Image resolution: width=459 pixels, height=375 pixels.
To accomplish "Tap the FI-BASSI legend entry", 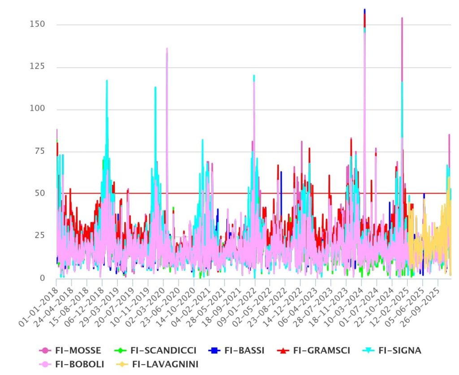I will (x=242, y=350).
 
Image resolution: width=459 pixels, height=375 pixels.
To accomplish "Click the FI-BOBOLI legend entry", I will (x=74, y=364).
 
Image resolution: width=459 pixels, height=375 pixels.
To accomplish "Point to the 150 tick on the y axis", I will (x=38, y=24).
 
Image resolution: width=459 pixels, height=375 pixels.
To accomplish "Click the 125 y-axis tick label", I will (x=38, y=67).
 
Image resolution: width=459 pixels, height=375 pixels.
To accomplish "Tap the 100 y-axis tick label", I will (x=38, y=109).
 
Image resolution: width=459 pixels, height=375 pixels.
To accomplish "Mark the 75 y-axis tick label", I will (x=40, y=151).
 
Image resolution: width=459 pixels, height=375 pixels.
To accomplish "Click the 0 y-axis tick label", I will (x=43, y=278).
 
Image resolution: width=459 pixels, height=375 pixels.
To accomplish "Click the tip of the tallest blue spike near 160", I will (x=364, y=9).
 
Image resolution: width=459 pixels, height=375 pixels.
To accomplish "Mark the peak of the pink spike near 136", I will (x=167, y=48).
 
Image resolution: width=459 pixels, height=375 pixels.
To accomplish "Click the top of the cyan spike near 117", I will (x=107, y=81).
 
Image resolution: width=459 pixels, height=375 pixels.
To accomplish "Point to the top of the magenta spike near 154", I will (x=402, y=18).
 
